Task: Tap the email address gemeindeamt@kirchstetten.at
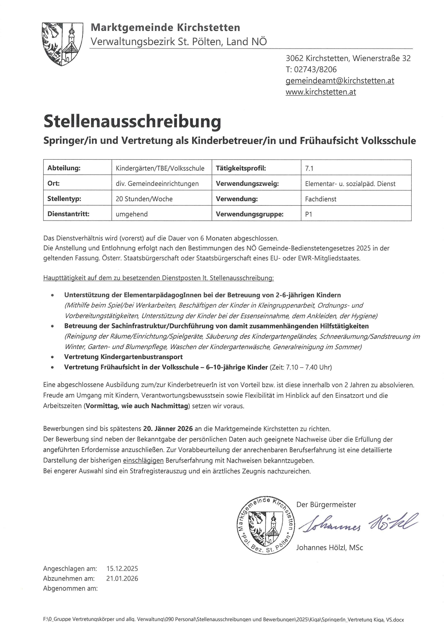(340, 81)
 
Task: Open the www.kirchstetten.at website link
(321, 92)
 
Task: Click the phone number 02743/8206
(315, 69)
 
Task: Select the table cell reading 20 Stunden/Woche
(144, 199)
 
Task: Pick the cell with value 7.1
(309, 168)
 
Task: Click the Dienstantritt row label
(68, 214)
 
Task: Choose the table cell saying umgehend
(132, 214)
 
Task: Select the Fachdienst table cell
(321, 199)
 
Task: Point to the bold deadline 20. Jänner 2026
(168, 428)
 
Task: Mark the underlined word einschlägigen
(143, 460)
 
